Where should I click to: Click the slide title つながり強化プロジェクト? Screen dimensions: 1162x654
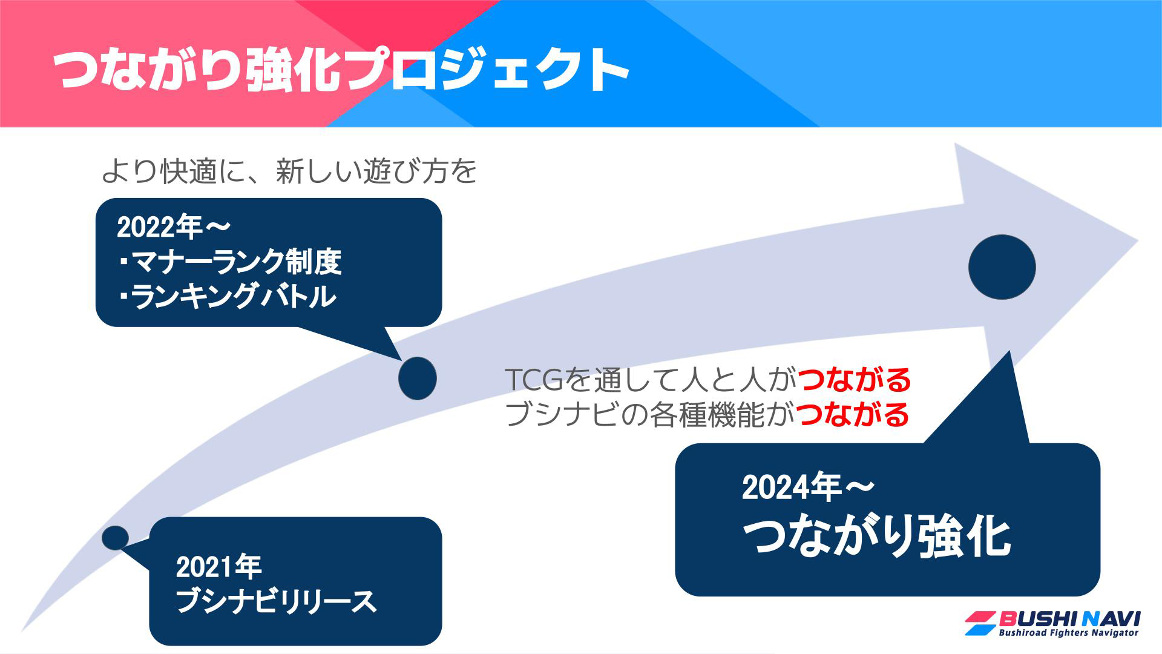click(341, 70)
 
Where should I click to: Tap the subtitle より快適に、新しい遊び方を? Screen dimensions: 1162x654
click(289, 171)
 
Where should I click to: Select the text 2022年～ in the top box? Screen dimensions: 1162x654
click(174, 227)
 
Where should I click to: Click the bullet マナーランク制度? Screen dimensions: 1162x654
click(230, 262)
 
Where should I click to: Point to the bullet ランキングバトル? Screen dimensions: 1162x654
click(227, 297)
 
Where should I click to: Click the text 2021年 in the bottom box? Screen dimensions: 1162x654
click(218, 567)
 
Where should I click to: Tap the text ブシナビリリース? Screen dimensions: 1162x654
click(276, 602)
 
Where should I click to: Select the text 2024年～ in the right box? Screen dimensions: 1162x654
click(809, 487)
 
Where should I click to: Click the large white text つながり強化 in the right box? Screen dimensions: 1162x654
click(876, 537)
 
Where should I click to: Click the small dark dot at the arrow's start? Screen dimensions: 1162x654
click(115, 538)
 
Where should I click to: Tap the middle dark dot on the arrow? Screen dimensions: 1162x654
click(418, 378)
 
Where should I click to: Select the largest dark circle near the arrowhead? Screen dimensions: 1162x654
click(1002, 267)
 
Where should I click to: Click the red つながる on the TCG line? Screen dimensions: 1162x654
click(854, 380)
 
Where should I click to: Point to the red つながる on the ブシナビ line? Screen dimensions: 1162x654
click(853, 415)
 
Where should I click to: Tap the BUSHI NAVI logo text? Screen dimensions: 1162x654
click(1069, 619)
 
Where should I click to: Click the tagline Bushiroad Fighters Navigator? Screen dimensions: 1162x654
click(1068, 633)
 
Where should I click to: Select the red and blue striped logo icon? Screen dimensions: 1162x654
click(980, 623)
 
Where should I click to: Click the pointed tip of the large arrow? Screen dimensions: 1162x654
click(1138, 240)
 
